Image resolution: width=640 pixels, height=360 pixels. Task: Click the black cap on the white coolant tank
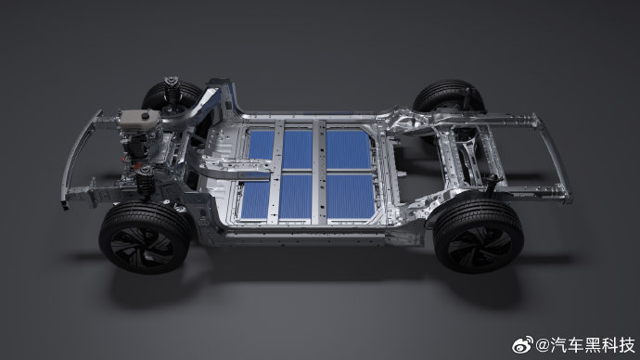coord(145,116)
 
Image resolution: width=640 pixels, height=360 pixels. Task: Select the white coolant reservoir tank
coord(139,118)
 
